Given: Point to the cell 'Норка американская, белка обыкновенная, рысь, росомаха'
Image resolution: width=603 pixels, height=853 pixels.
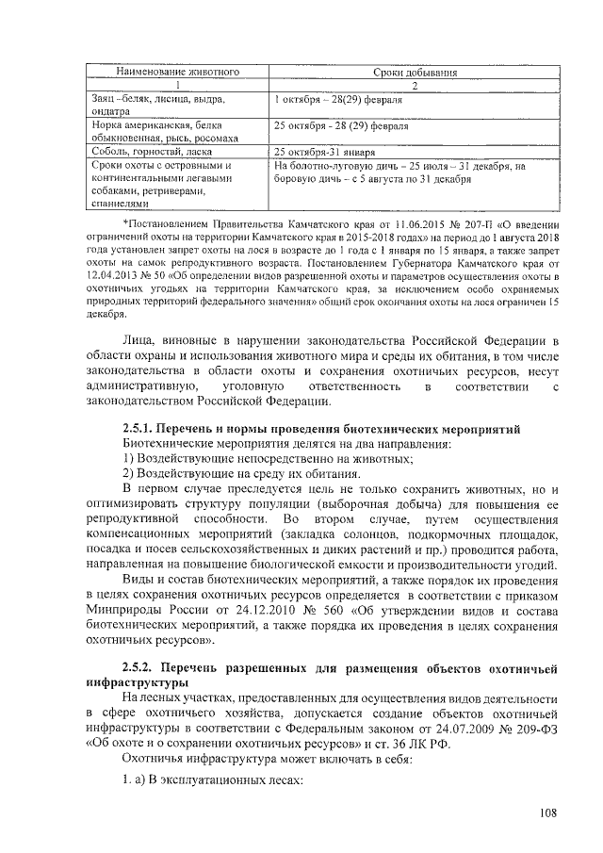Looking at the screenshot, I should (158, 131).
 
